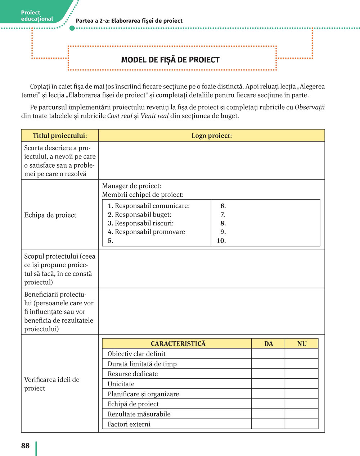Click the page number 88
point(25,446)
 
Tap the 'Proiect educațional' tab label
point(37,16)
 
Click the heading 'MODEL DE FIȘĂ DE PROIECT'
point(170,60)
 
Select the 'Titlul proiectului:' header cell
point(60,136)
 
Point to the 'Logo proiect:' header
point(211,136)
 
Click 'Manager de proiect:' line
point(131,186)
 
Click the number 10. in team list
point(221,241)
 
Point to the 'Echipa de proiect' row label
point(50,215)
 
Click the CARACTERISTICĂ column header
point(178,344)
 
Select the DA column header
point(269,344)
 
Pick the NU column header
point(302,344)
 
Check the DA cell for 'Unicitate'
point(268,384)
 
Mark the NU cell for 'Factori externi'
point(302,424)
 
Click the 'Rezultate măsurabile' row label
point(139,414)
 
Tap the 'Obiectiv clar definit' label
point(136,354)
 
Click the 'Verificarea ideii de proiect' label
point(51,384)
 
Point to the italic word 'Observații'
point(310,107)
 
